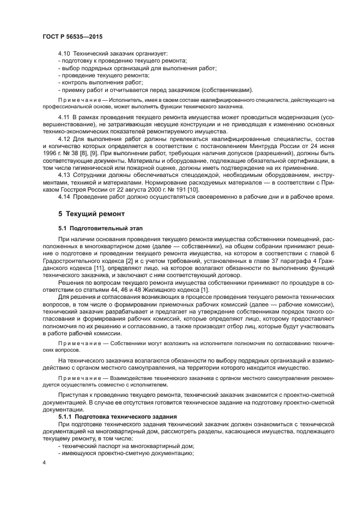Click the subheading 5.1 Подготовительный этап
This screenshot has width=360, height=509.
coord(93,228)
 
